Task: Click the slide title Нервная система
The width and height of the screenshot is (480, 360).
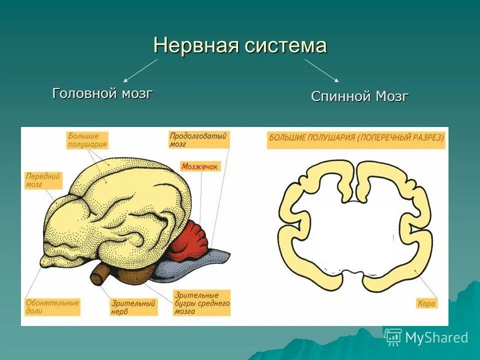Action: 240,45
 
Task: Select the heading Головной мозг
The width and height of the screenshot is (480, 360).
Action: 102,93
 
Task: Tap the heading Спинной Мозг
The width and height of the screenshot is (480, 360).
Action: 359,96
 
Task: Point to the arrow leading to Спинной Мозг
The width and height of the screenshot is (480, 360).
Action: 322,70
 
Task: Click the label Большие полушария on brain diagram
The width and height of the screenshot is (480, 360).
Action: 87,140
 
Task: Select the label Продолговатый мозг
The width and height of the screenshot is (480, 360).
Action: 198,139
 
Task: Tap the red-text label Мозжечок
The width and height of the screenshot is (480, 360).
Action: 199,166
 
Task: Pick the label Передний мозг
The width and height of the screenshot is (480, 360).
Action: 43,180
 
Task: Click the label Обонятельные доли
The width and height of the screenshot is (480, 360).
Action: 52,307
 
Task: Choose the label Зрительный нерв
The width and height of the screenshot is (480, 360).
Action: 132,307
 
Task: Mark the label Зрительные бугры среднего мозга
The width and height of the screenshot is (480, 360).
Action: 201,303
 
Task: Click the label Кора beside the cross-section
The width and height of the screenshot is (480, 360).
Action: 426,303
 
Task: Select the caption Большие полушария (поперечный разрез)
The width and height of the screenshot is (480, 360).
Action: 356,138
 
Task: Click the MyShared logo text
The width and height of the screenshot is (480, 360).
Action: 436,337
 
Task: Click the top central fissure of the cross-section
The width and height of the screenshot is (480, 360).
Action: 357,182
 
